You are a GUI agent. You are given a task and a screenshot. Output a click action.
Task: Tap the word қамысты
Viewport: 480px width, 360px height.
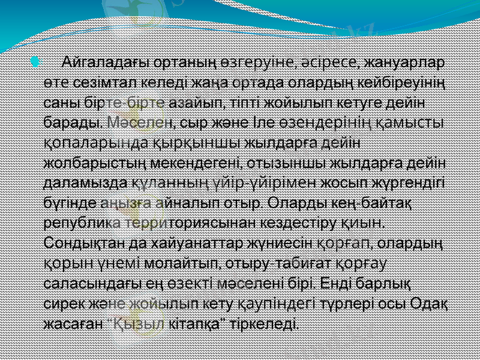414,122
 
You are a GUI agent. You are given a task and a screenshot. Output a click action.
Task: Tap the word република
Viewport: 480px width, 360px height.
80,223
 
